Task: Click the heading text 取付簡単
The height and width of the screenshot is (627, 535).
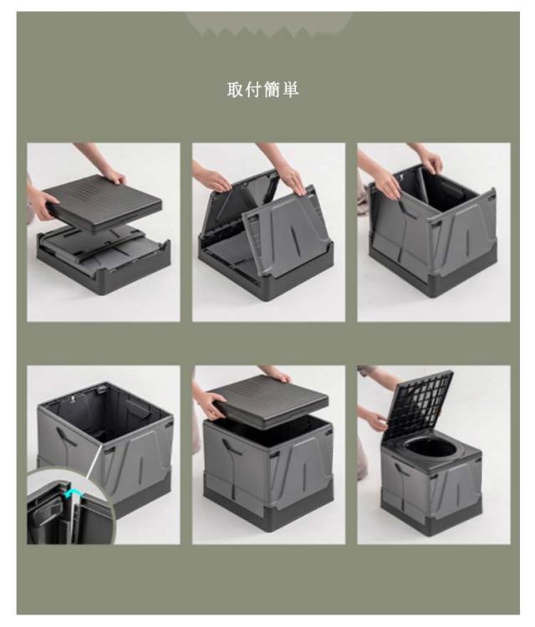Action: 262,89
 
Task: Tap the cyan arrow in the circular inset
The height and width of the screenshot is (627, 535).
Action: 72,493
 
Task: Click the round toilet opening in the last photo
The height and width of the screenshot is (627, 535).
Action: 431,449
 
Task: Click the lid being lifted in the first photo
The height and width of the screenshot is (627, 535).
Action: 102,203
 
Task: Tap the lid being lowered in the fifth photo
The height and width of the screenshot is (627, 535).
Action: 267,400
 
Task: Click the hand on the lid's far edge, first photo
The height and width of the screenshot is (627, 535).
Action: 113,176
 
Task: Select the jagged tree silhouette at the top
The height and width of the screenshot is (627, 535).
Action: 267,24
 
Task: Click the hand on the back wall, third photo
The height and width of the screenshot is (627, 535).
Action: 431,163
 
